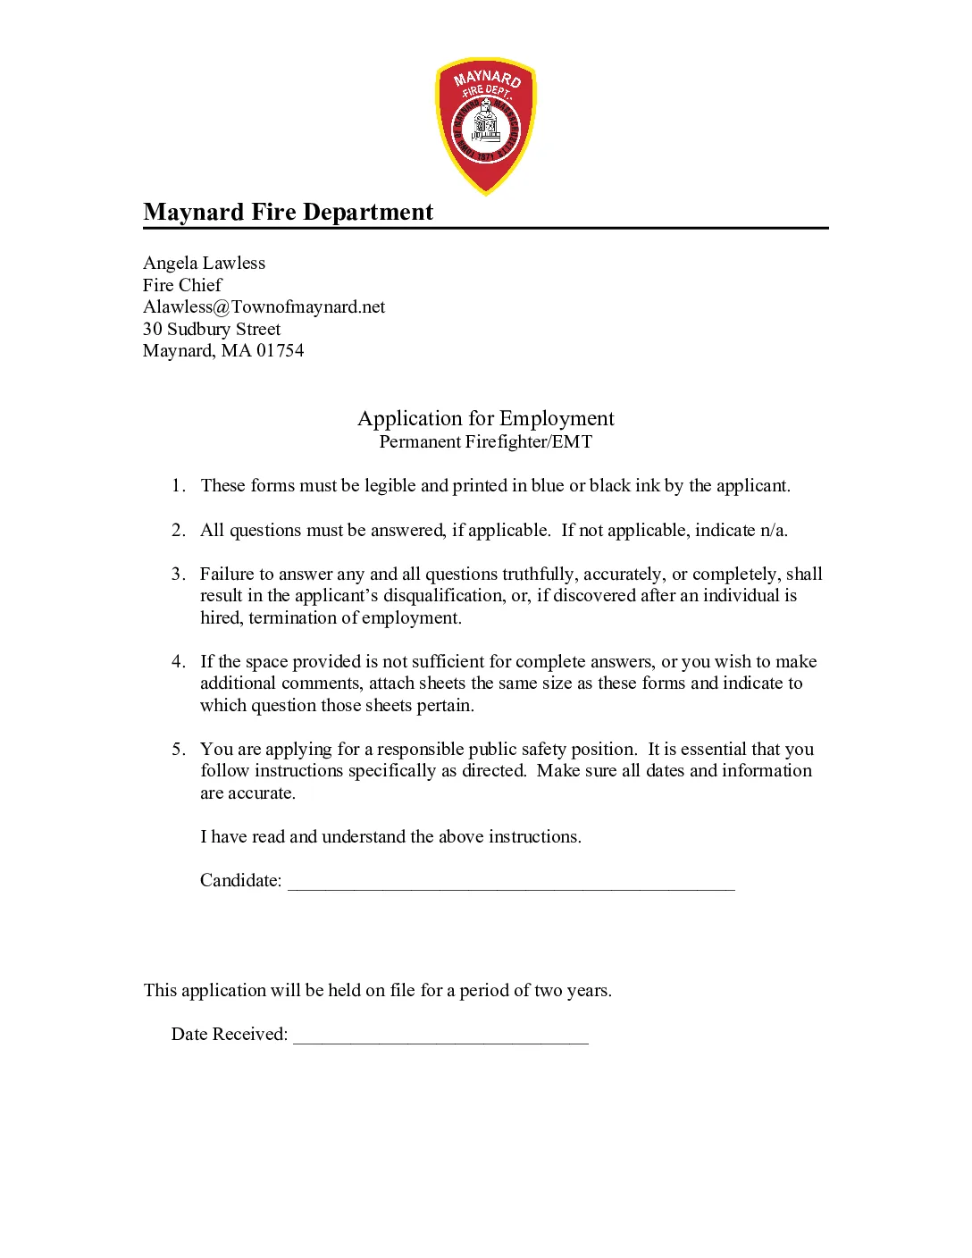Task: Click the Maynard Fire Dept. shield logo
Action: [x=485, y=126]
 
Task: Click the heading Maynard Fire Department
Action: [x=288, y=212]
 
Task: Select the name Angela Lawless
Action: [x=204, y=263]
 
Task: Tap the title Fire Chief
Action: [x=182, y=285]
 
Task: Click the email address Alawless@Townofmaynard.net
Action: [x=264, y=306]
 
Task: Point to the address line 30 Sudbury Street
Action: [x=212, y=329]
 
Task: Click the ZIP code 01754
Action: [x=280, y=350]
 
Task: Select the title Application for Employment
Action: [x=485, y=418]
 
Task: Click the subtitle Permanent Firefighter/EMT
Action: [x=485, y=441]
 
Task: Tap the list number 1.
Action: [x=177, y=485]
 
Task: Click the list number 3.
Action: [x=177, y=574]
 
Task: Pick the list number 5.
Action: [x=177, y=749]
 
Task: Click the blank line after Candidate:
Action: [x=510, y=883]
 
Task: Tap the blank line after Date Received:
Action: [x=440, y=1036]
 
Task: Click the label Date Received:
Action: [x=229, y=1034]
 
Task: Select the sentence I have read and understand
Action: [x=390, y=836]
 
